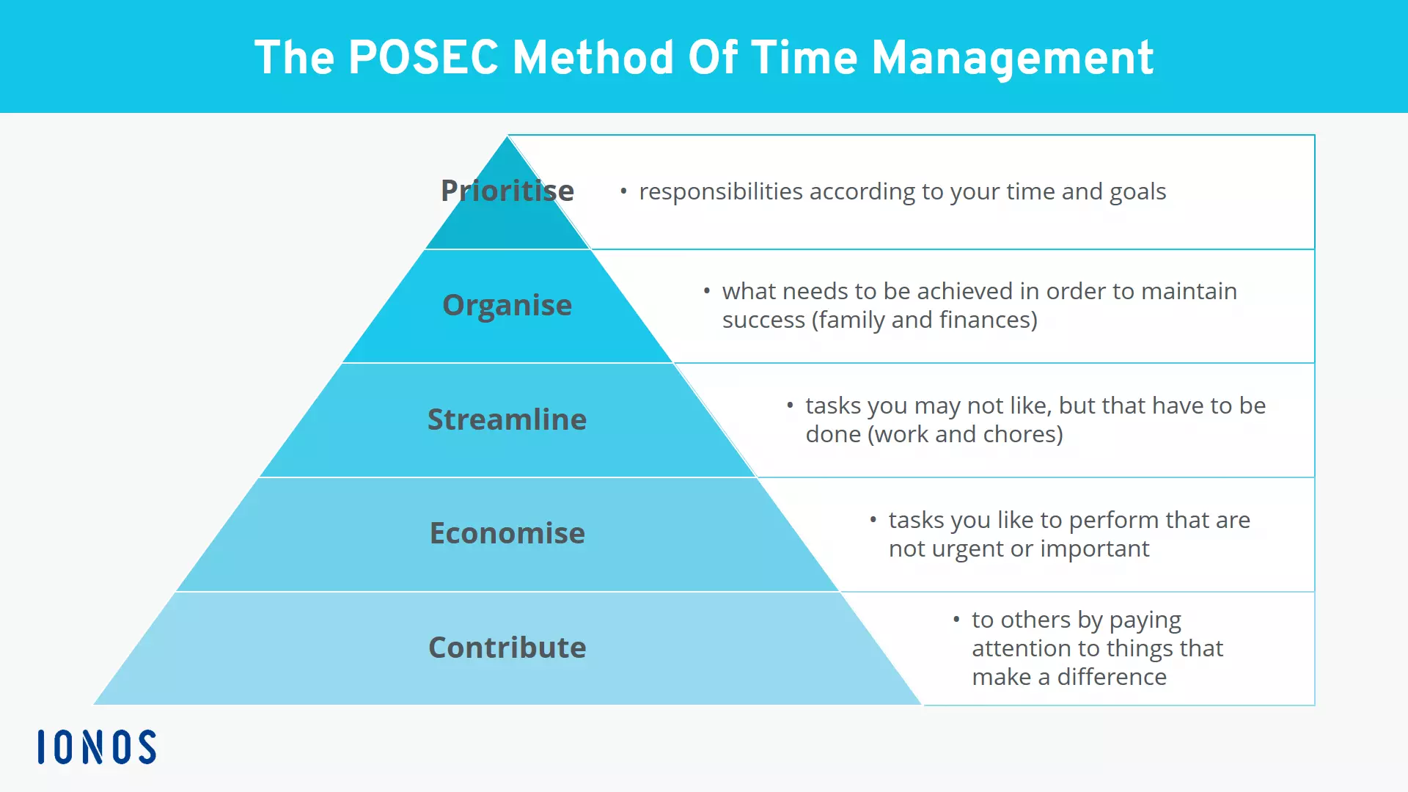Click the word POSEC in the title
point(423,58)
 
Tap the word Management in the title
point(1012,58)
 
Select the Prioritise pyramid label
point(507,191)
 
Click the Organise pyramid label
point(507,305)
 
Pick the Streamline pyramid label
point(507,419)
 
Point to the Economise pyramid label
point(507,533)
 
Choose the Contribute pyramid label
point(507,648)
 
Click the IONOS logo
point(97,747)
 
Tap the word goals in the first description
point(1137,192)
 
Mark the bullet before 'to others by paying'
point(956,620)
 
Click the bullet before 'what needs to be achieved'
point(706,291)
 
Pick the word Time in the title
point(804,58)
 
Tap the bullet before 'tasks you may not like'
point(790,405)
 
